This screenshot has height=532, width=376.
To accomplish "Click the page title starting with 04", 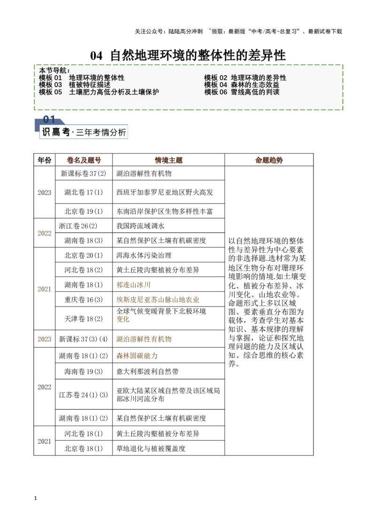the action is click(188, 55).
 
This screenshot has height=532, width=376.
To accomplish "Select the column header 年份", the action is click(45, 160).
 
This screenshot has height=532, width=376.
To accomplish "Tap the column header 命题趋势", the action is click(269, 160).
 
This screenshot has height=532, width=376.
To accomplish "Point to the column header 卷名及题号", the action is click(84, 160).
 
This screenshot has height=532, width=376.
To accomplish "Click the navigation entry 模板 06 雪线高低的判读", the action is click(242, 92).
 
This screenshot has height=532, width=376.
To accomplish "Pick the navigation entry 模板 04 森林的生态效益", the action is click(242, 85).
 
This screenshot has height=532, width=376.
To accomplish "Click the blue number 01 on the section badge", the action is click(49, 119).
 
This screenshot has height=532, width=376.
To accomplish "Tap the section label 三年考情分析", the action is click(101, 133).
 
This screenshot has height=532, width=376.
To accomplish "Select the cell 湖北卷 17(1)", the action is click(84, 192).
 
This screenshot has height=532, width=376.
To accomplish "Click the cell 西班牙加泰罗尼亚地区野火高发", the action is click(164, 192).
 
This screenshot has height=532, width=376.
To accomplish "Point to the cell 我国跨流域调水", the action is click(140, 226).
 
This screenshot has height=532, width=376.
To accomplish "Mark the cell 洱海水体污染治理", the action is click(144, 255).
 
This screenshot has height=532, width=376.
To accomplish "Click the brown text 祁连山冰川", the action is click(133, 285).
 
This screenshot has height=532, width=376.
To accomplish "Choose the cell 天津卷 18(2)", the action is click(84, 319).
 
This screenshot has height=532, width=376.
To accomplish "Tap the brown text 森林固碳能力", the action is click(137, 356).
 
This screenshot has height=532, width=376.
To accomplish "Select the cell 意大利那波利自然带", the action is click(147, 371).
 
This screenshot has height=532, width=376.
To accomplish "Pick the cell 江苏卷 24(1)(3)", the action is click(84, 395).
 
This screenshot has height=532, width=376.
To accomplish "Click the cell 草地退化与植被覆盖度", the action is click(151, 448).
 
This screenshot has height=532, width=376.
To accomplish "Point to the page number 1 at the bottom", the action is click(35, 498).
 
